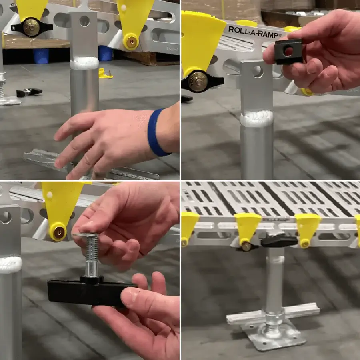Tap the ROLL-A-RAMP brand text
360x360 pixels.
click(255, 32)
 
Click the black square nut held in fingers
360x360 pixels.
click(288, 52)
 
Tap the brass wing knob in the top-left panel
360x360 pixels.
click(32, 27)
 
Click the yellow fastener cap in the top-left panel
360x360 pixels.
click(131, 42)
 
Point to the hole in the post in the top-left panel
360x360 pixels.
click(84, 21)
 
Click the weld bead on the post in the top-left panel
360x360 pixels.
click(84, 63)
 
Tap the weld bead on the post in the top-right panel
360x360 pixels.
click(257, 119)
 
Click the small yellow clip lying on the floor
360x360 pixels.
click(105, 74)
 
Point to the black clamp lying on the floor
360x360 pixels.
click(29, 92)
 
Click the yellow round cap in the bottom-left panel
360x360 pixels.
click(58, 232)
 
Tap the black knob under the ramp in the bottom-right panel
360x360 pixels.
click(279, 241)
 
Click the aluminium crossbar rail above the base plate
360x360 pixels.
click(273, 313)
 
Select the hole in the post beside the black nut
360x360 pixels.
click(258, 71)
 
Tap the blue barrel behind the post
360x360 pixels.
click(41, 56)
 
